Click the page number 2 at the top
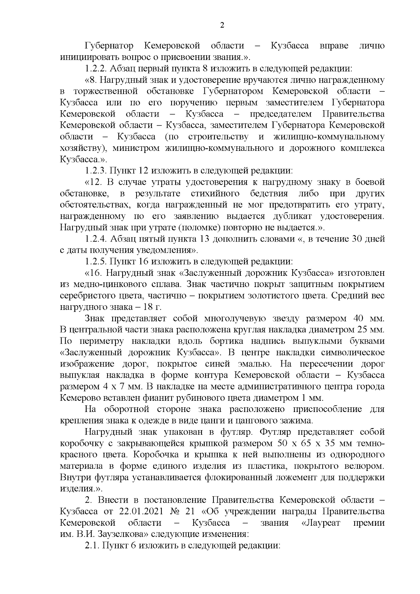(221, 25)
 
